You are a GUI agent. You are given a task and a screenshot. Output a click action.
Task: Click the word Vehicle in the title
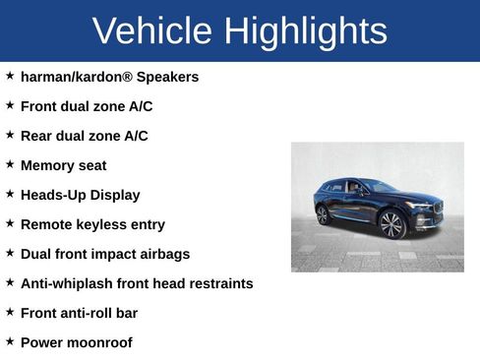153,31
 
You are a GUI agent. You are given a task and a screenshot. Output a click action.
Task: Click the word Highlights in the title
305,31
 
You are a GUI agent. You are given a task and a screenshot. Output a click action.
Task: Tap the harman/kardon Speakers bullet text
109,77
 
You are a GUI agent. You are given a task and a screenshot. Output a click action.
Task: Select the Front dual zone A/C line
87,106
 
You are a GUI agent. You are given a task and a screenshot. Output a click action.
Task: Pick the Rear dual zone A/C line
85,136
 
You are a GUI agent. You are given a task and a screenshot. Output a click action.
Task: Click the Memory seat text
63,165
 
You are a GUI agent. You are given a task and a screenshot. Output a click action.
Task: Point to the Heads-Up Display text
80,195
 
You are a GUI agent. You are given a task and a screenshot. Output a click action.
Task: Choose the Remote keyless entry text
92,224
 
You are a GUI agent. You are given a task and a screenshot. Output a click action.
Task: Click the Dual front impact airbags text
105,254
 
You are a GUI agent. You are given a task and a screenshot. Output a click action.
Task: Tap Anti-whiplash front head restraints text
137,283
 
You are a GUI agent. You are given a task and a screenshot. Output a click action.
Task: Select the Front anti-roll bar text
79,313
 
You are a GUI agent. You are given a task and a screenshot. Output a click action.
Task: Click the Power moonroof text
76,342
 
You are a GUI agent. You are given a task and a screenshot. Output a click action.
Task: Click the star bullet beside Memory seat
10,163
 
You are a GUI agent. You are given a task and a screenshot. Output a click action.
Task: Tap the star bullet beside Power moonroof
10,340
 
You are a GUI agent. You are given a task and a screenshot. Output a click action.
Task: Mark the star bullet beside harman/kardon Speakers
10,75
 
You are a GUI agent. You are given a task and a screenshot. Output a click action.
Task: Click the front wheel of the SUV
391,225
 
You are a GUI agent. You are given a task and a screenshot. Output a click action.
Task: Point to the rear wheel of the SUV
323,214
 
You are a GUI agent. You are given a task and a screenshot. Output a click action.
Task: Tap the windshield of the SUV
380,187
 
